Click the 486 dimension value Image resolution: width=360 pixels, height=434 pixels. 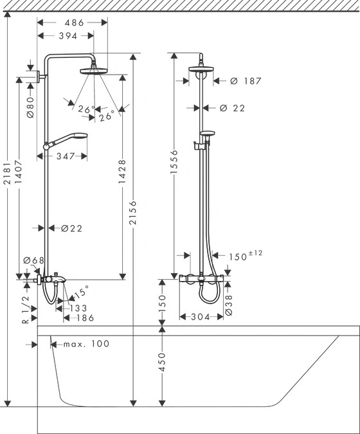tap(74, 23)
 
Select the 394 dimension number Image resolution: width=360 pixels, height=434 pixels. tap(67, 36)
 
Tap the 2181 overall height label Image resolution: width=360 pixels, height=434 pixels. tap(7, 172)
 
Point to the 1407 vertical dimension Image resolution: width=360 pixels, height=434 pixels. tap(19, 172)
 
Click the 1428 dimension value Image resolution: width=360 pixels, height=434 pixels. tap(122, 171)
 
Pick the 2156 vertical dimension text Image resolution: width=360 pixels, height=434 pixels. tap(133, 213)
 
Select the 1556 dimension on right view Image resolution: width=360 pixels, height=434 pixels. tap(174, 161)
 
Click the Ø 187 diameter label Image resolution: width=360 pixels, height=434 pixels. tap(246, 81)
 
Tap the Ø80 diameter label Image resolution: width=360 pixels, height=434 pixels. tap(30, 107)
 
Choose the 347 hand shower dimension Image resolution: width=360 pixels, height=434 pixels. tap(66, 156)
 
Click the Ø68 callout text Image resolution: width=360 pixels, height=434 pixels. tap(34, 260)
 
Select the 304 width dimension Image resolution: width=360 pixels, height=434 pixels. tap(201, 317)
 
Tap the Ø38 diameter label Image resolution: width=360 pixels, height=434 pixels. tap(229, 305)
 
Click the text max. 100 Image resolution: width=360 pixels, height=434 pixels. tap(87, 344)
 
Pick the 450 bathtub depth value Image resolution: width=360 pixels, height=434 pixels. tap(162, 363)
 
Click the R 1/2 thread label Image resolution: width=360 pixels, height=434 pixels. tap(26, 309)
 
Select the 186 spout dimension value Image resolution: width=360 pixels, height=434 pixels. tap(85, 318)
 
